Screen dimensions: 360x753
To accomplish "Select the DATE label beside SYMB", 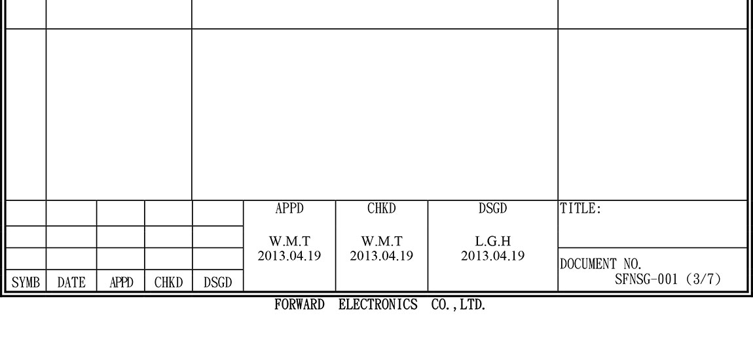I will click(x=71, y=282).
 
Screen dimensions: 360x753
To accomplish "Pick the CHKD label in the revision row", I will click(x=168, y=282).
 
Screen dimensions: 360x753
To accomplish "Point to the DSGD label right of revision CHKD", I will click(x=217, y=282).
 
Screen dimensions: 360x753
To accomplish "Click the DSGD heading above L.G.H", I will click(x=492, y=209).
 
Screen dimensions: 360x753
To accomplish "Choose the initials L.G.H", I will click(x=492, y=242).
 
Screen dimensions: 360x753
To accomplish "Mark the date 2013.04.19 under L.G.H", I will click(x=492, y=255).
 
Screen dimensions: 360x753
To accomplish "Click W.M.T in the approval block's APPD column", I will click(x=289, y=242).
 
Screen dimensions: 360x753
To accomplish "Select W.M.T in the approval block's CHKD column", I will click(x=382, y=242).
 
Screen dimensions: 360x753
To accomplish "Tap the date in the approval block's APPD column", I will click(x=289, y=255).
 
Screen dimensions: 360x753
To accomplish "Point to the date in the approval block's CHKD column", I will click(x=382, y=255).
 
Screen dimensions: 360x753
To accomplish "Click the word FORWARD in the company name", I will click(x=299, y=305).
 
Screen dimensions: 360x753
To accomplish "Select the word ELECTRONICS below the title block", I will click(x=378, y=305).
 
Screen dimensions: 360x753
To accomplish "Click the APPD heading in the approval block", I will click(x=289, y=209).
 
